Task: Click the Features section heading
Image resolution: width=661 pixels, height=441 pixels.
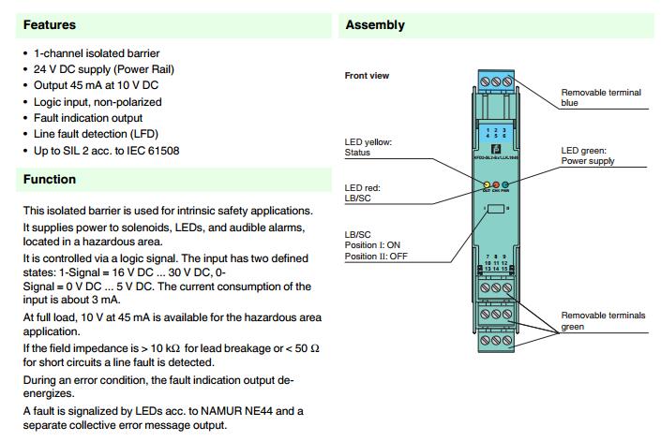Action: coord(50,24)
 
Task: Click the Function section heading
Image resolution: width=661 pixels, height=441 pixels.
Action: coord(50,179)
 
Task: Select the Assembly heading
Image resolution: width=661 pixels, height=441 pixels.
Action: coord(375,25)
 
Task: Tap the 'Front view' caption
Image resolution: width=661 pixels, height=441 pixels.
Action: coord(367,76)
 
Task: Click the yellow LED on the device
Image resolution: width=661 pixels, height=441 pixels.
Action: coord(486,184)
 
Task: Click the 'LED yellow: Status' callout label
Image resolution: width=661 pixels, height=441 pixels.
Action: coord(368,147)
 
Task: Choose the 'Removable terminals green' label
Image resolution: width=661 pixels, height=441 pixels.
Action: coord(604,321)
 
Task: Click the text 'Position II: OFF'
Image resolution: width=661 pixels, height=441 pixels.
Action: coord(376,256)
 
